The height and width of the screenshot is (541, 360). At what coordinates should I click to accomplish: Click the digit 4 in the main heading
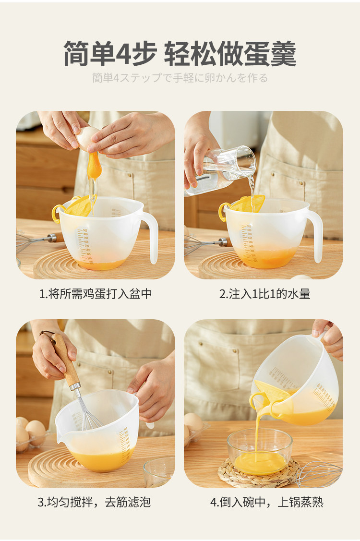(x=123, y=54)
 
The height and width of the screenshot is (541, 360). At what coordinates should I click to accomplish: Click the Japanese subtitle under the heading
(x=180, y=78)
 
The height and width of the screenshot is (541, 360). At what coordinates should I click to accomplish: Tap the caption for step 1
(x=96, y=294)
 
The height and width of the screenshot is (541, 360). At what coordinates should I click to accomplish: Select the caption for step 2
(x=265, y=294)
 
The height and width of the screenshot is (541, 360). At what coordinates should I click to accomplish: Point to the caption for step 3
(x=94, y=502)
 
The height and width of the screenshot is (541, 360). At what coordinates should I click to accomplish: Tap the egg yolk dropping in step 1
(x=93, y=165)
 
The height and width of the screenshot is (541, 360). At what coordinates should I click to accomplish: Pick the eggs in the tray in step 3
(x=30, y=433)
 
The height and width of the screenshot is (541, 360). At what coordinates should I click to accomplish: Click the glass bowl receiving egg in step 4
(x=260, y=452)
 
